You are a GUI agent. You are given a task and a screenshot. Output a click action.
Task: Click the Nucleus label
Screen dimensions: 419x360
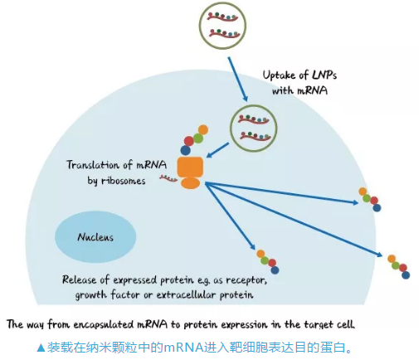tap(95, 237)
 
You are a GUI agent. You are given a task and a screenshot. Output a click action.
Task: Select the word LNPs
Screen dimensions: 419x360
tap(324, 75)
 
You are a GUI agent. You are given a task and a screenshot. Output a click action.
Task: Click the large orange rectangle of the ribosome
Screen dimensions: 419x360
tap(190, 167)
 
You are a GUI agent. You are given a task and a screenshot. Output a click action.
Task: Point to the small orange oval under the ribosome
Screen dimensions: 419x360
tap(190, 183)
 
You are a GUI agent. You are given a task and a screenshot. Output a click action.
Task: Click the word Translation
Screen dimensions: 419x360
tap(92, 165)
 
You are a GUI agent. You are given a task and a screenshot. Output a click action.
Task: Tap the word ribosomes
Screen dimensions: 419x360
tap(123, 181)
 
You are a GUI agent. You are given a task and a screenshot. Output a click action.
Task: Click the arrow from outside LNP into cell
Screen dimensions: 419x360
tap(237, 80)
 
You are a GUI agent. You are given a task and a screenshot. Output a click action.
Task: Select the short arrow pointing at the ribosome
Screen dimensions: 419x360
tap(217, 150)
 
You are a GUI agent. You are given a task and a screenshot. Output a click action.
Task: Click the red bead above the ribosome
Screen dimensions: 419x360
tap(188, 141)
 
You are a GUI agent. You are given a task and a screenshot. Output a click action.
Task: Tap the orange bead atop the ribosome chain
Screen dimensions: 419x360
tap(203, 129)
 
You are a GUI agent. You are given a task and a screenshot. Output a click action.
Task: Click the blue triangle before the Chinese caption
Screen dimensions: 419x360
tap(41, 348)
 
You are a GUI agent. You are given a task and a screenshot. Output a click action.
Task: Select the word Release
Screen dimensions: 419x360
tap(80, 280)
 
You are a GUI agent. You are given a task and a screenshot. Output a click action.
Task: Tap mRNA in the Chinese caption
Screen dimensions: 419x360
tap(183, 348)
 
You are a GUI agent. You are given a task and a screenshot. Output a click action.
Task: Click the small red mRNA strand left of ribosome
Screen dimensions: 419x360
tap(168, 178)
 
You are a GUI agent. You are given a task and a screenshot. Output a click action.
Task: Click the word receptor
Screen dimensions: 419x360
tap(246, 280)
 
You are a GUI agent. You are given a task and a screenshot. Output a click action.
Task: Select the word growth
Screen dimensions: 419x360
tap(91, 295)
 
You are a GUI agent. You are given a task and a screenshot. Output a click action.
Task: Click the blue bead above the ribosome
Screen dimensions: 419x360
tap(185, 150)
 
